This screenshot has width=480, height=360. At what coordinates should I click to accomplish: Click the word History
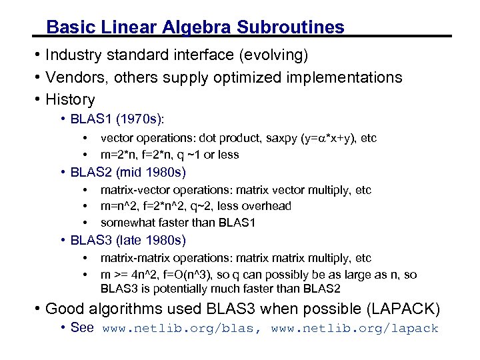coord(70,100)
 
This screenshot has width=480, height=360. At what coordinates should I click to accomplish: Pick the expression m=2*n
coord(118,155)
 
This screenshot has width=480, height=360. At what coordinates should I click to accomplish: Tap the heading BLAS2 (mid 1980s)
coord(128,173)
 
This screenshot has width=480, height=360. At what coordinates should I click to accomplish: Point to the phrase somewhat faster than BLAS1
coord(178,223)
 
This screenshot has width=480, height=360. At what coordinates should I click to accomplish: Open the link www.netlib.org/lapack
coord(355,329)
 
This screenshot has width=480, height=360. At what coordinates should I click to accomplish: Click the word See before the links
coord(82,328)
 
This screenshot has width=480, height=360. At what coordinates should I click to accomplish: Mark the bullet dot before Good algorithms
coord(39,309)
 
